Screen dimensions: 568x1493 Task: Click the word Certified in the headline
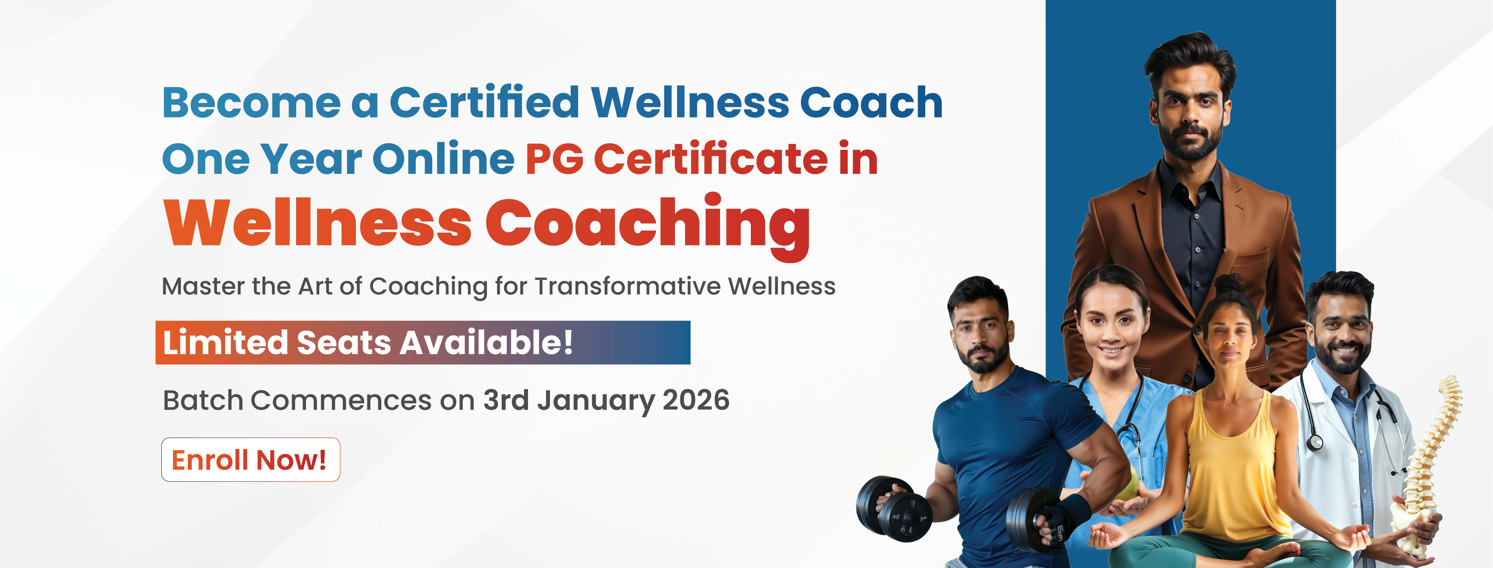(485, 102)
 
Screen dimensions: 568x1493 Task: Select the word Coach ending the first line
(871, 102)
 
